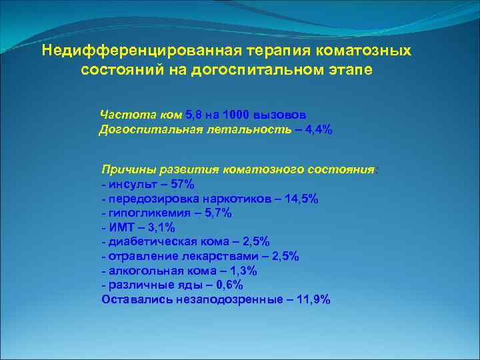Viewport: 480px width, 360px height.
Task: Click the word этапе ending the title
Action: (348, 69)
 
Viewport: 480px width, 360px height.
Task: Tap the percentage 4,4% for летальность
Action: (317, 130)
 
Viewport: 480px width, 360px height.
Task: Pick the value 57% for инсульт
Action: (182, 184)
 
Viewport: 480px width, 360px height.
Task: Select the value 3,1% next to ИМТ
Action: (159, 228)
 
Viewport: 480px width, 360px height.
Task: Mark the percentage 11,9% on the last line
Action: (312, 300)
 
